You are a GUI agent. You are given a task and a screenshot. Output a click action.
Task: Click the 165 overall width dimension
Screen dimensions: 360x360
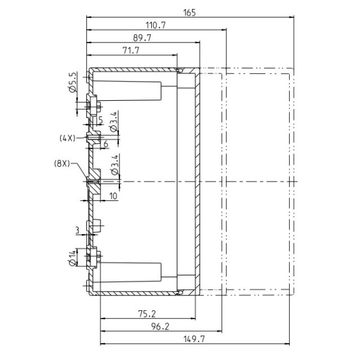click(x=190, y=13)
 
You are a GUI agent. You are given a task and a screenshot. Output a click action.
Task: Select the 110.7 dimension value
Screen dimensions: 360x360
click(x=155, y=25)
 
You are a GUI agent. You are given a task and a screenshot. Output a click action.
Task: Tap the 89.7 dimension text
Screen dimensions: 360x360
click(x=142, y=38)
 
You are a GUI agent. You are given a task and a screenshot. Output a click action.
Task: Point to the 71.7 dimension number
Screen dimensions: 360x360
click(x=131, y=50)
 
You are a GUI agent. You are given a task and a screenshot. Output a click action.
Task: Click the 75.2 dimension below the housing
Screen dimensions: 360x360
click(x=147, y=314)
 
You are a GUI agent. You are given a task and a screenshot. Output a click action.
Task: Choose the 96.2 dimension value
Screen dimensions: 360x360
click(x=160, y=326)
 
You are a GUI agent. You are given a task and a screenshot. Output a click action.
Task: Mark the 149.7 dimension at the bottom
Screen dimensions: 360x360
click(x=194, y=339)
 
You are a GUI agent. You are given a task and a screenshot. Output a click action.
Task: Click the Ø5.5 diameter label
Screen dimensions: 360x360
click(x=72, y=82)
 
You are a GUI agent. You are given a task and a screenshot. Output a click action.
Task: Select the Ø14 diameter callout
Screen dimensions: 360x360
click(x=72, y=258)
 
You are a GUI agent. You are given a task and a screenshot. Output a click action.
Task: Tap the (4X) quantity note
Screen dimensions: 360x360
click(x=67, y=138)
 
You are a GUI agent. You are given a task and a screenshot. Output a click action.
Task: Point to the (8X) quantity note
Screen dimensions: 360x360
click(x=62, y=164)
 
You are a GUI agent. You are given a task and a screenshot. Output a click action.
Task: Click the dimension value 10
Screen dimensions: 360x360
click(x=113, y=196)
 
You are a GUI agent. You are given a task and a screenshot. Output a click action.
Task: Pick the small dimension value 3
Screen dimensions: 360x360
click(x=77, y=230)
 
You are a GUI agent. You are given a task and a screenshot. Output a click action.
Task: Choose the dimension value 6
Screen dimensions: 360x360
click(x=106, y=144)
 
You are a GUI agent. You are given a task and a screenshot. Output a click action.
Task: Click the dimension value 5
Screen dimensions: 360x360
click(x=101, y=120)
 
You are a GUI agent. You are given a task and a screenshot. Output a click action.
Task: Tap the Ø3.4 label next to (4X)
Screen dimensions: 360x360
click(x=115, y=121)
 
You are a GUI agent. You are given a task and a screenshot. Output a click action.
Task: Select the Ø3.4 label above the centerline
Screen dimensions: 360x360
click(x=115, y=164)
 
